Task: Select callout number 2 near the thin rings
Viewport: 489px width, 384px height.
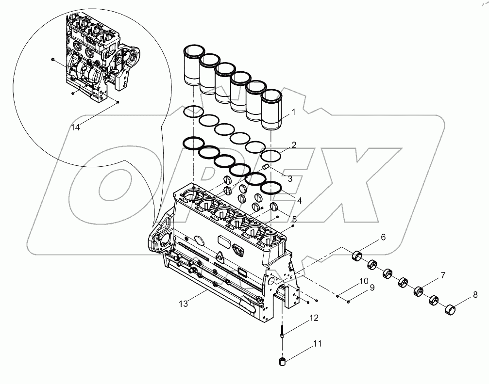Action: pos(293,145)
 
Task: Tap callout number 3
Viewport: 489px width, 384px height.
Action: pos(289,178)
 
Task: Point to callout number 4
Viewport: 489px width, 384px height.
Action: pos(299,200)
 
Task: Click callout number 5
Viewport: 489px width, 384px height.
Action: pos(294,219)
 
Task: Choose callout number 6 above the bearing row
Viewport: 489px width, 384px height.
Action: pos(383,238)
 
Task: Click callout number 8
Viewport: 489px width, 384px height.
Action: pos(475,294)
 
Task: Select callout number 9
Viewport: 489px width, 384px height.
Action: pos(372,288)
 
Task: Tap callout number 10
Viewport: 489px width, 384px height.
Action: pos(364,281)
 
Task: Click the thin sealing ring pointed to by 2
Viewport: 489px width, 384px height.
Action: pos(271,156)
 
